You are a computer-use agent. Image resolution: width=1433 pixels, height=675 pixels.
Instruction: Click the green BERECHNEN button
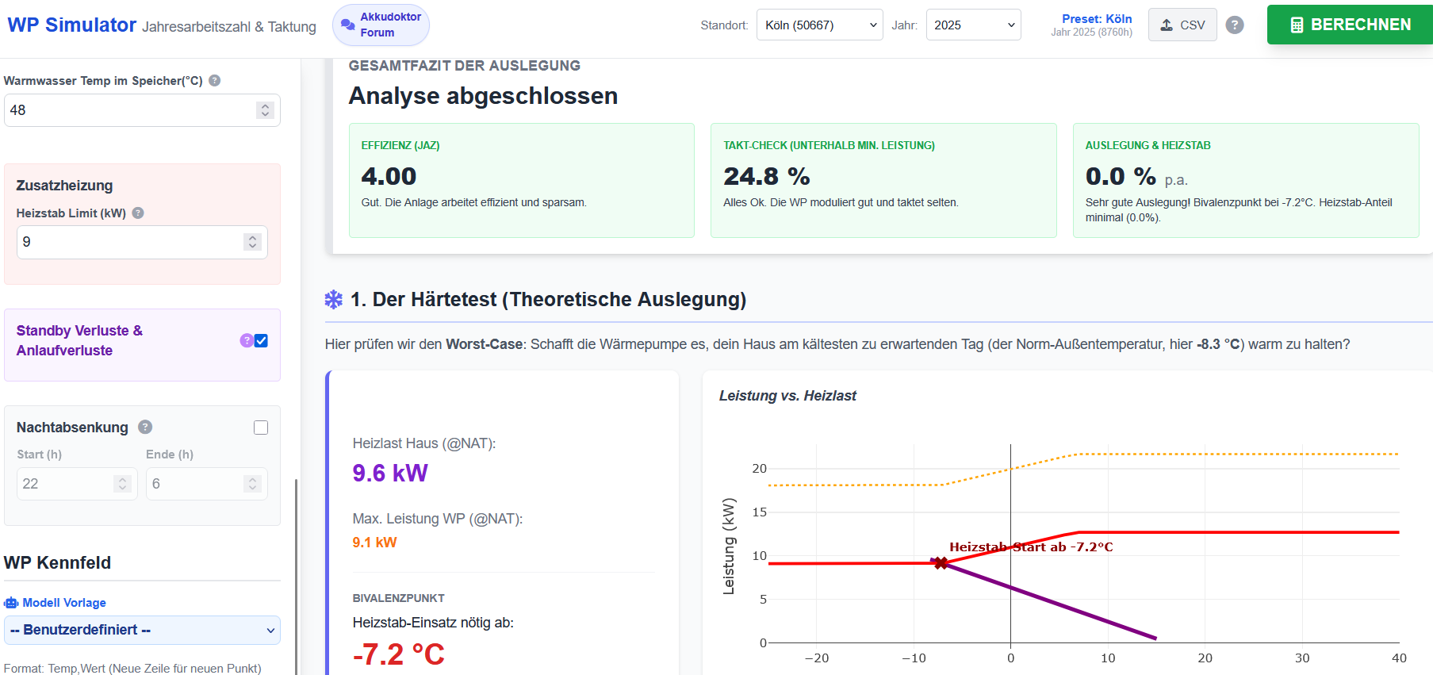pos(1350,25)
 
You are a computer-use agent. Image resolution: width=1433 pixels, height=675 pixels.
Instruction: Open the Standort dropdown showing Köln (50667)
pos(819,25)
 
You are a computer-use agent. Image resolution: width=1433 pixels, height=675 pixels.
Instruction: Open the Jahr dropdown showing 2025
pos(973,25)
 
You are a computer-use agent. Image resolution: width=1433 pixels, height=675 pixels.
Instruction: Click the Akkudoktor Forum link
pos(381,25)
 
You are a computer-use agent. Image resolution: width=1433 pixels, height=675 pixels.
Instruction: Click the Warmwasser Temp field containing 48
pos(142,110)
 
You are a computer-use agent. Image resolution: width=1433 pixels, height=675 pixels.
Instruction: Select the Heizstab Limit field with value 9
pos(142,242)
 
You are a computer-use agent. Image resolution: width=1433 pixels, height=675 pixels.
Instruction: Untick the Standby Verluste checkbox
pos(261,340)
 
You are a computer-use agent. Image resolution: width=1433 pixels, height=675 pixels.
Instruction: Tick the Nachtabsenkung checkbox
pos(261,428)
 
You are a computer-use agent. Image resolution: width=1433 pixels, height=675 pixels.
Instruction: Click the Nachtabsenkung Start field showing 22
pos(77,484)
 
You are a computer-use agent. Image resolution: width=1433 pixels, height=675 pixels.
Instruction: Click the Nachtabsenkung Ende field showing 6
pos(206,484)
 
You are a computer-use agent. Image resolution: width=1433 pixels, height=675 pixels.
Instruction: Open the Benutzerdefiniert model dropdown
pos(142,630)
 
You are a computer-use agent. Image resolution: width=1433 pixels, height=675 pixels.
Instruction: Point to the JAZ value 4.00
pos(389,176)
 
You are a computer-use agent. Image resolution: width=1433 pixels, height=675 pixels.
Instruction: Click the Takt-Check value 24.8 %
pos(767,176)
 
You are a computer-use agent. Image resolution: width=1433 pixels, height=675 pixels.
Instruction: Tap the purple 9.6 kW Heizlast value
pos(390,473)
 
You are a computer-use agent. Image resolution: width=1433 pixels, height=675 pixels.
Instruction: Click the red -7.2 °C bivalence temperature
pos(398,654)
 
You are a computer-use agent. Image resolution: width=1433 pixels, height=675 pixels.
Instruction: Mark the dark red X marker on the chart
pos(941,563)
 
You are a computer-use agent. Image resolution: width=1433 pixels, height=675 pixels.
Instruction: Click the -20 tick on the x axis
pos(817,658)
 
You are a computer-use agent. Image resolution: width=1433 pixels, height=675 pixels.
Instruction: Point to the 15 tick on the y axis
pos(760,512)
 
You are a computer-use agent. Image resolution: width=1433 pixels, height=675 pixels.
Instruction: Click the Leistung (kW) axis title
pos(729,546)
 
